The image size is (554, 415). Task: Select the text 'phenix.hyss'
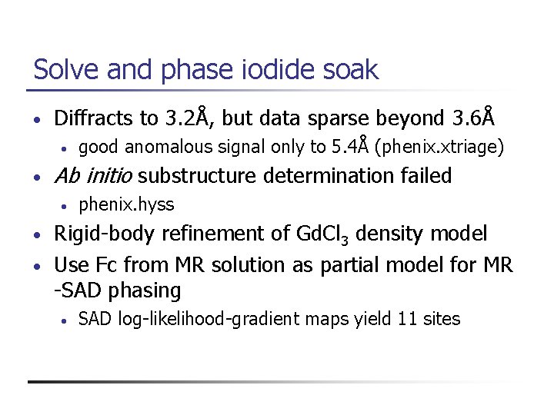tap(126, 204)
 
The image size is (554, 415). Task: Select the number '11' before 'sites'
tap(407, 319)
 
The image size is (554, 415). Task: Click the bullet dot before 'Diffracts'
tap(37, 120)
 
